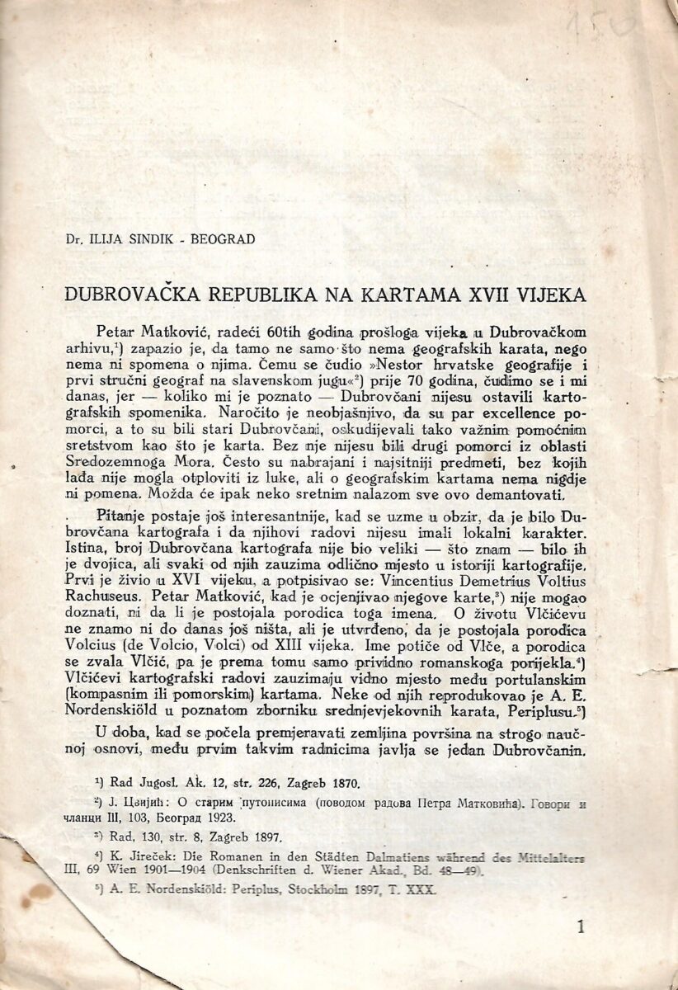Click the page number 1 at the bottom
point(581,928)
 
